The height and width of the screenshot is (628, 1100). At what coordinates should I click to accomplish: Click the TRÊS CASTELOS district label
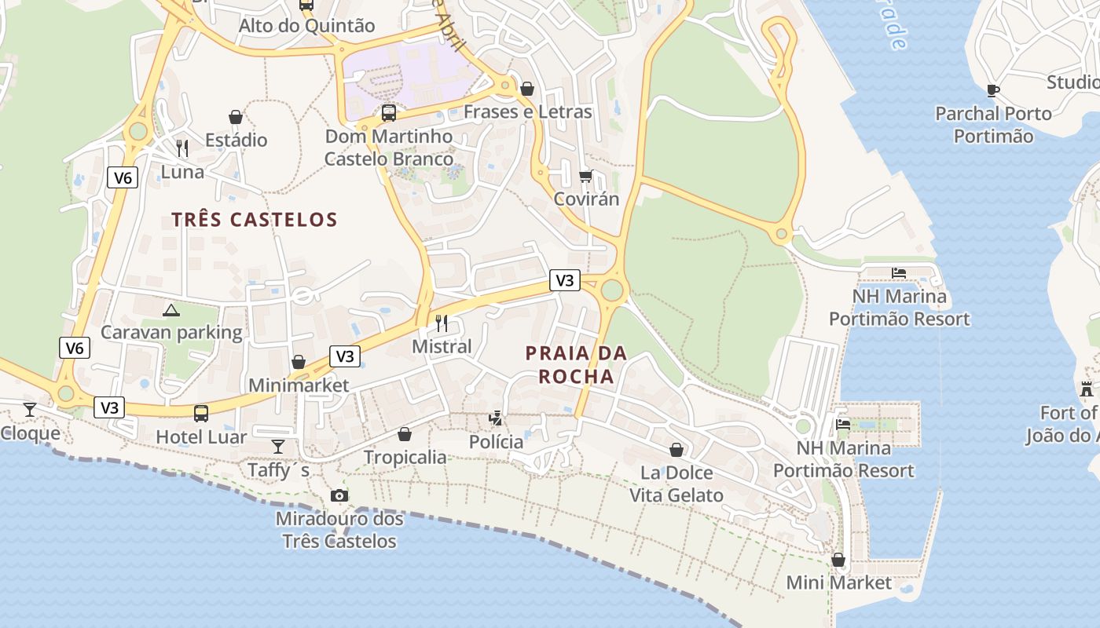point(255,220)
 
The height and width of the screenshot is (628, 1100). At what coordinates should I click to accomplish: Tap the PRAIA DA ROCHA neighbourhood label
point(576,364)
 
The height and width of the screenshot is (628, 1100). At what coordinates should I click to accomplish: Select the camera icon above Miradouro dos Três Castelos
point(339,495)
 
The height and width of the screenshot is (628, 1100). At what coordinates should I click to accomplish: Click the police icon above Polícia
point(496,418)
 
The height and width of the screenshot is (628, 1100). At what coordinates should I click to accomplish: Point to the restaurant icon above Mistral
point(442,322)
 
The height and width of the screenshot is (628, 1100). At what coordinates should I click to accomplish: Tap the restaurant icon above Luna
point(182,148)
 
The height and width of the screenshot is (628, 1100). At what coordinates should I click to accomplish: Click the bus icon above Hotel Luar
point(201,413)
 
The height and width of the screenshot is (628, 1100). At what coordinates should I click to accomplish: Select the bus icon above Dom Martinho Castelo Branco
point(389,112)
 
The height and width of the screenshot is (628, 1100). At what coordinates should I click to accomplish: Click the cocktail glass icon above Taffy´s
point(278,447)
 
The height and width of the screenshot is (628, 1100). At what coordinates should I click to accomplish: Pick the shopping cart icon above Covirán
point(585,175)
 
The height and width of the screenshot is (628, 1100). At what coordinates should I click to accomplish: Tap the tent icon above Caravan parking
point(171,310)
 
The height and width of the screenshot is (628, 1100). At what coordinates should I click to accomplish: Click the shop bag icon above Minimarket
point(299,362)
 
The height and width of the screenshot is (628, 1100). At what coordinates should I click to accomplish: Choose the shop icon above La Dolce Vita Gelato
point(676,450)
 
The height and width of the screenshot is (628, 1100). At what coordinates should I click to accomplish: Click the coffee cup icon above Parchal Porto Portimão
point(993,90)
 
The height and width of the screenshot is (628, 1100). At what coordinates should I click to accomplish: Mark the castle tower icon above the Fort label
point(1087,389)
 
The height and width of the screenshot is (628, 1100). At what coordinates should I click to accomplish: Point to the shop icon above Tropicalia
point(405,434)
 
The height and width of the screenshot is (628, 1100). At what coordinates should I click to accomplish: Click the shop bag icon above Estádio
point(236,117)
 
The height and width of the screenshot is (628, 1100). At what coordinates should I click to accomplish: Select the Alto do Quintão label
point(307,26)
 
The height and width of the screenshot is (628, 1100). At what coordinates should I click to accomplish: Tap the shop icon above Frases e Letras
point(527,89)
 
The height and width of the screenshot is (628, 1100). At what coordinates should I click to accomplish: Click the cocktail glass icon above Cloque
point(30,409)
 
